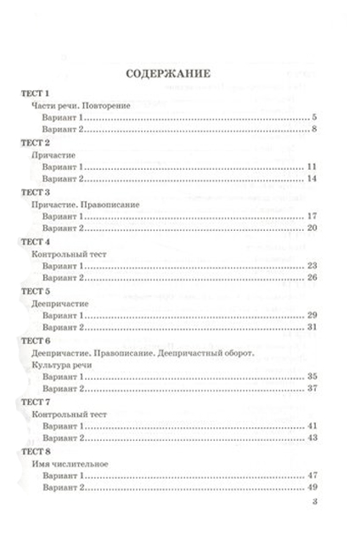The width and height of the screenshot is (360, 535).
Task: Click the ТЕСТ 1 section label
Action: coord(36,92)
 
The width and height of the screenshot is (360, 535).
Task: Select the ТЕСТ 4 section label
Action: coord(36,241)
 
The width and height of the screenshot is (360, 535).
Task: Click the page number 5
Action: coord(313,117)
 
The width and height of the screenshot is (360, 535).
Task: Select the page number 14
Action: coord(312,179)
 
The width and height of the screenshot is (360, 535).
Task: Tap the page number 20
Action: coord(312,228)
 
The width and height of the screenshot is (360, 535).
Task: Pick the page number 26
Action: coord(312,278)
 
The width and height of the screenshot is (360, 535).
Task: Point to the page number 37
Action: coord(312,388)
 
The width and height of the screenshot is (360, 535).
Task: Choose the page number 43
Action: coord(312,437)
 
